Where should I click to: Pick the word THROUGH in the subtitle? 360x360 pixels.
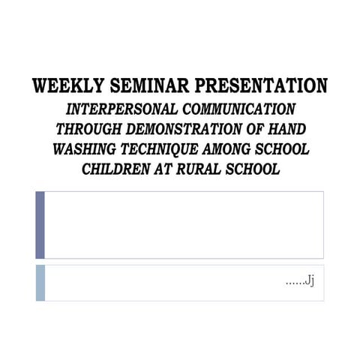(88, 129)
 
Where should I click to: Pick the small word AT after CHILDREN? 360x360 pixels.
(165, 169)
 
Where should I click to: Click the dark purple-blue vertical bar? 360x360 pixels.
(40, 224)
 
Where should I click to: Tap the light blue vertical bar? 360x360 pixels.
(40, 283)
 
